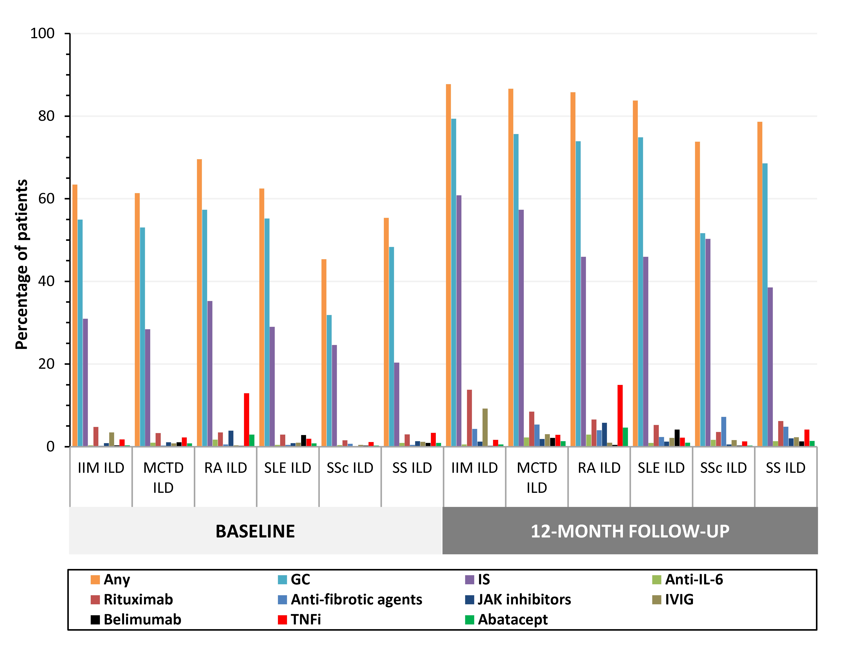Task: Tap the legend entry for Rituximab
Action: (132, 599)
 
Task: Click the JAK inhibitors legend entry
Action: (518, 599)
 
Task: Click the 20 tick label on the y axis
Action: (47, 364)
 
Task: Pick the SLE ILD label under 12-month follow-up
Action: (661, 468)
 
